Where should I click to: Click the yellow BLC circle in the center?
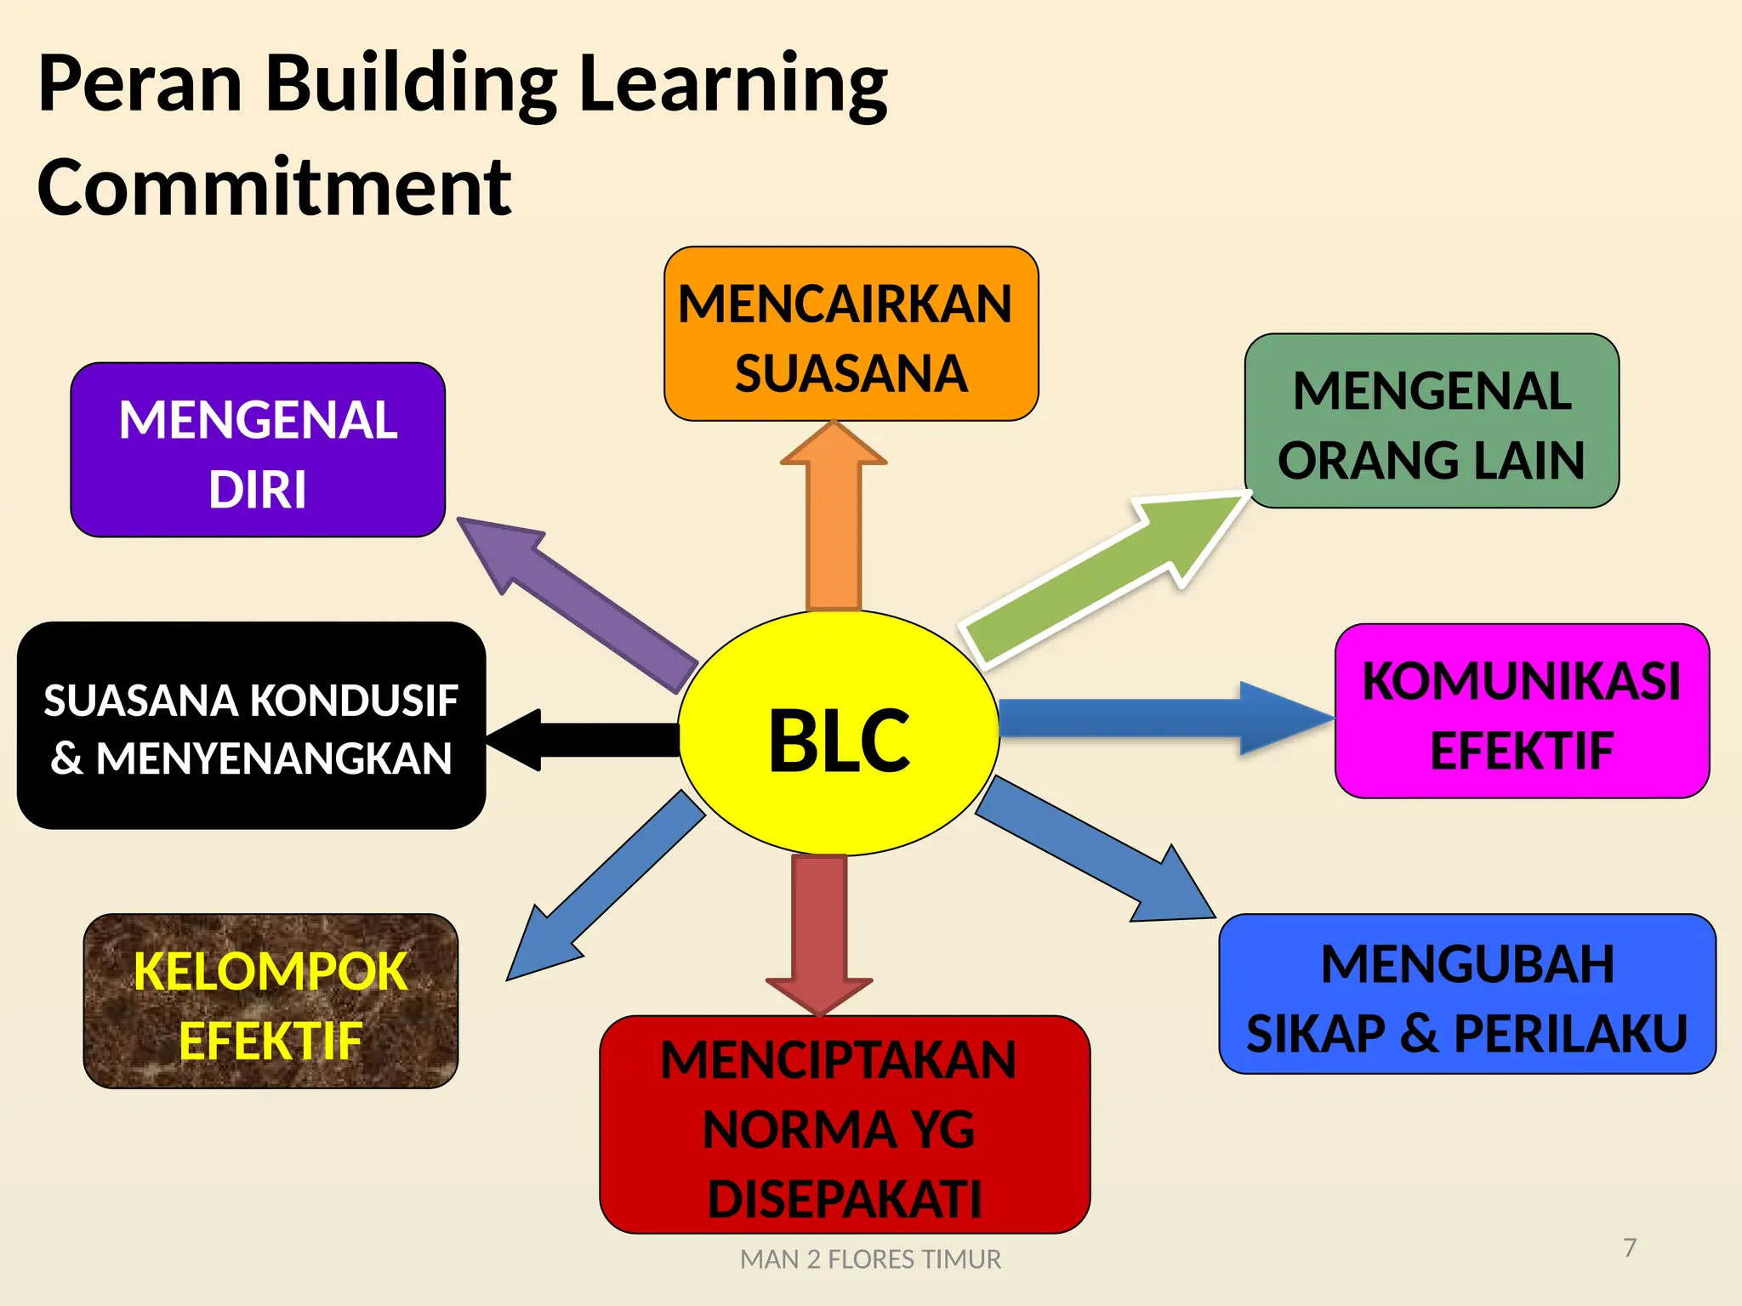coord(839,733)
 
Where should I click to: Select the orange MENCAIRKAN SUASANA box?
coord(851,334)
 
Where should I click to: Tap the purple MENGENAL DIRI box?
coord(258,450)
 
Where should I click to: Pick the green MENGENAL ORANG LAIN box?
coord(1432,421)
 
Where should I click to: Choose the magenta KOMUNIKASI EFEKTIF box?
coord(1522,711)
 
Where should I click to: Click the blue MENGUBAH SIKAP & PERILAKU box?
coord(1467,994)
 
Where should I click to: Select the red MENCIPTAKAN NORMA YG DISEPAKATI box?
coord(845,1124)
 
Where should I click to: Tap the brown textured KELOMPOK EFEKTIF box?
coord(270,1001)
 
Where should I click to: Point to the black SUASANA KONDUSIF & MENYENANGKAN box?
coord(251,725)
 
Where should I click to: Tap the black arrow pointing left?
coord(587,739)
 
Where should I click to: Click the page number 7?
coord(1630,1247)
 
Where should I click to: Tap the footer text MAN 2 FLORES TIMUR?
coord(870,1259)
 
